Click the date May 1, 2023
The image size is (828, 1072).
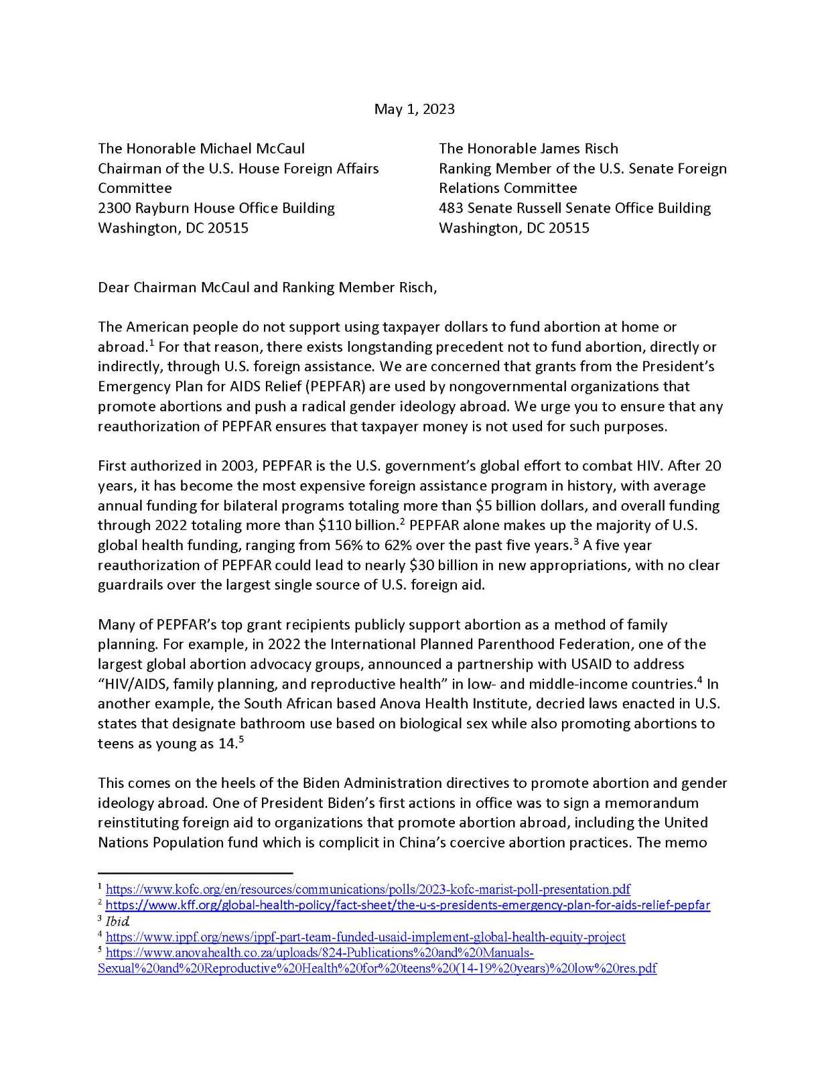[414, 109]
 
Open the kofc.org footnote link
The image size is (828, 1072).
[368, 890]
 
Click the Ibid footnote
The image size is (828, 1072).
[117, 921]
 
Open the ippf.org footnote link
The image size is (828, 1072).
[365, 937]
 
